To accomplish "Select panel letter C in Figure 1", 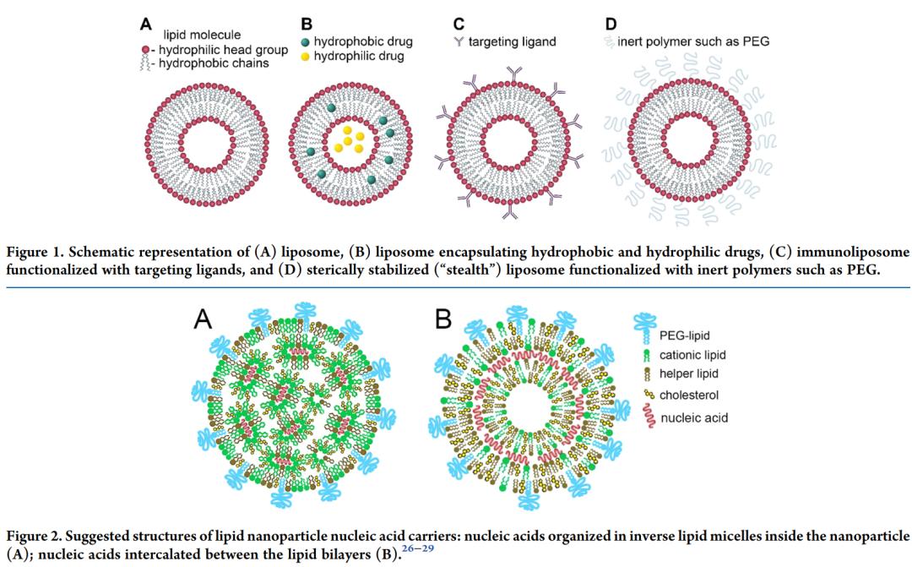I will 448,24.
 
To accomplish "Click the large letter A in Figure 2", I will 204,319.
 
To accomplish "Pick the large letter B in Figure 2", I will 442,319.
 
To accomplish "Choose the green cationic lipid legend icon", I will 646,355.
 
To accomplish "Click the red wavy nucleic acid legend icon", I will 646,417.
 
